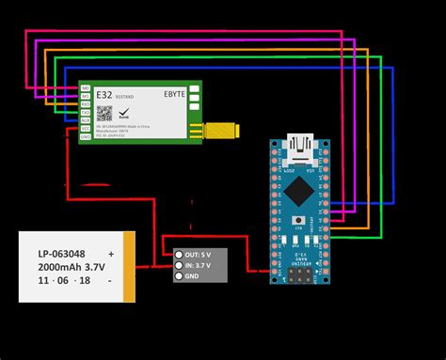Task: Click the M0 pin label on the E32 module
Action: coord(86,86)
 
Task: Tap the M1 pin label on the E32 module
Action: coord(86,95)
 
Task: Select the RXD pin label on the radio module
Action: coord(86,103)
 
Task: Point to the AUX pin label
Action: coord(86,120)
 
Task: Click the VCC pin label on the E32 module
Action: coord(86,129)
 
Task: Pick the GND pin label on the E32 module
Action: coord(86,137)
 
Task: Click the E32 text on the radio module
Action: coord(104,93)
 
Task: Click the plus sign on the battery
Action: coord(112,254)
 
